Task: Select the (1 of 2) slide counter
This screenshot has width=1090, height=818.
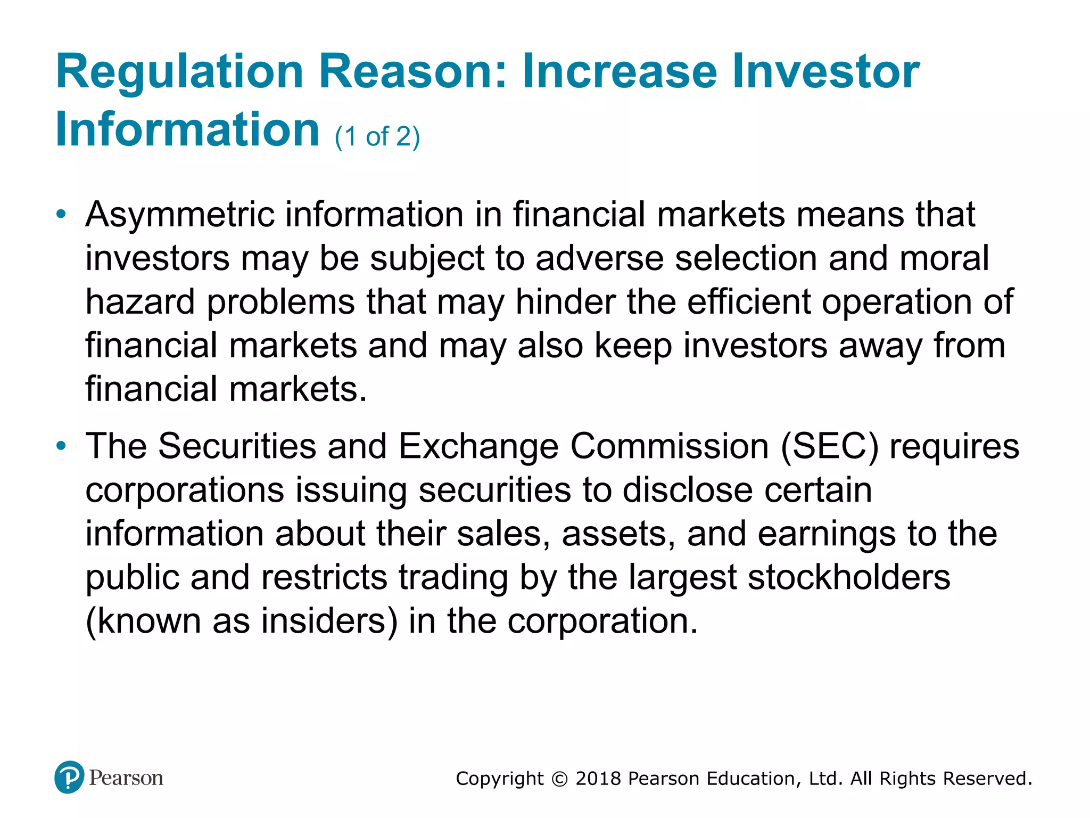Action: [377, 137]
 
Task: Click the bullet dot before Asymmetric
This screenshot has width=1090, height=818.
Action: [62, 215]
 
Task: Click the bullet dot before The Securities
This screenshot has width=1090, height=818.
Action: [62, 446]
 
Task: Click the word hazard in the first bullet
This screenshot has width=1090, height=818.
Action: [140, 302]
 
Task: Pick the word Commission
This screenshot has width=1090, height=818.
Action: [670, 446]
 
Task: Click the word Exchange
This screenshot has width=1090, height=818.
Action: [478, 446]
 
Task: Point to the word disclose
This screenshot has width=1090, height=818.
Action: [688, 490]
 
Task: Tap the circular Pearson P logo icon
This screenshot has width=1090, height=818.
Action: [69, 777]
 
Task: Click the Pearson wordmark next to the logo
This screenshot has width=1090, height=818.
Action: [126, 778]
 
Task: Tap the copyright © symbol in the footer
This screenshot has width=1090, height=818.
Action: [559, 779]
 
